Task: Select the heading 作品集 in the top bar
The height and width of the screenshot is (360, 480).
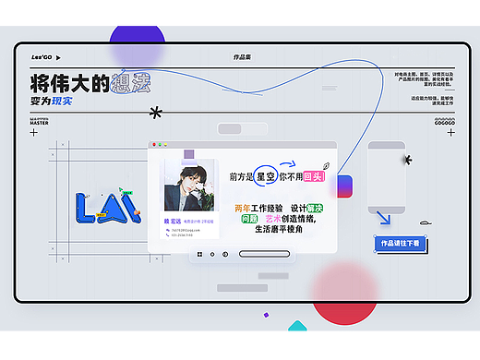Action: pyautogui.click(x=243, y=57)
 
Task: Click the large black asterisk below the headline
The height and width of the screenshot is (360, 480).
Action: pyautogui.click(x=155, y=113)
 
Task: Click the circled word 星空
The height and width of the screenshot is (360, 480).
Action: pyautogui.click(x=267, y=175)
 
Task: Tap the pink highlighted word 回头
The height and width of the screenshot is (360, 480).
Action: pyautogui.click(x=313, y=176)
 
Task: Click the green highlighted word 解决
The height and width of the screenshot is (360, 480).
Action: pyautogui.click(x=314, y=208)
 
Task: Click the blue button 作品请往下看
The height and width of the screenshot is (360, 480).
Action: pyautogui.click(x=399, y=243)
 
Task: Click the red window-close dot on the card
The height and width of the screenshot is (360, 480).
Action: pyautogui.click(x=155, y=145)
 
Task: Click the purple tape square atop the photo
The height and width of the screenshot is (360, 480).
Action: pyautogui.click(x=189, y=155)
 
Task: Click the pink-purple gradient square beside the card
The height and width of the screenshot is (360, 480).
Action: pyautogui.click(x=343, y=186)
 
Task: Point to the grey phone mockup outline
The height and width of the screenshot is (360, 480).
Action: pyautogui.click(x=388, y=180)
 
